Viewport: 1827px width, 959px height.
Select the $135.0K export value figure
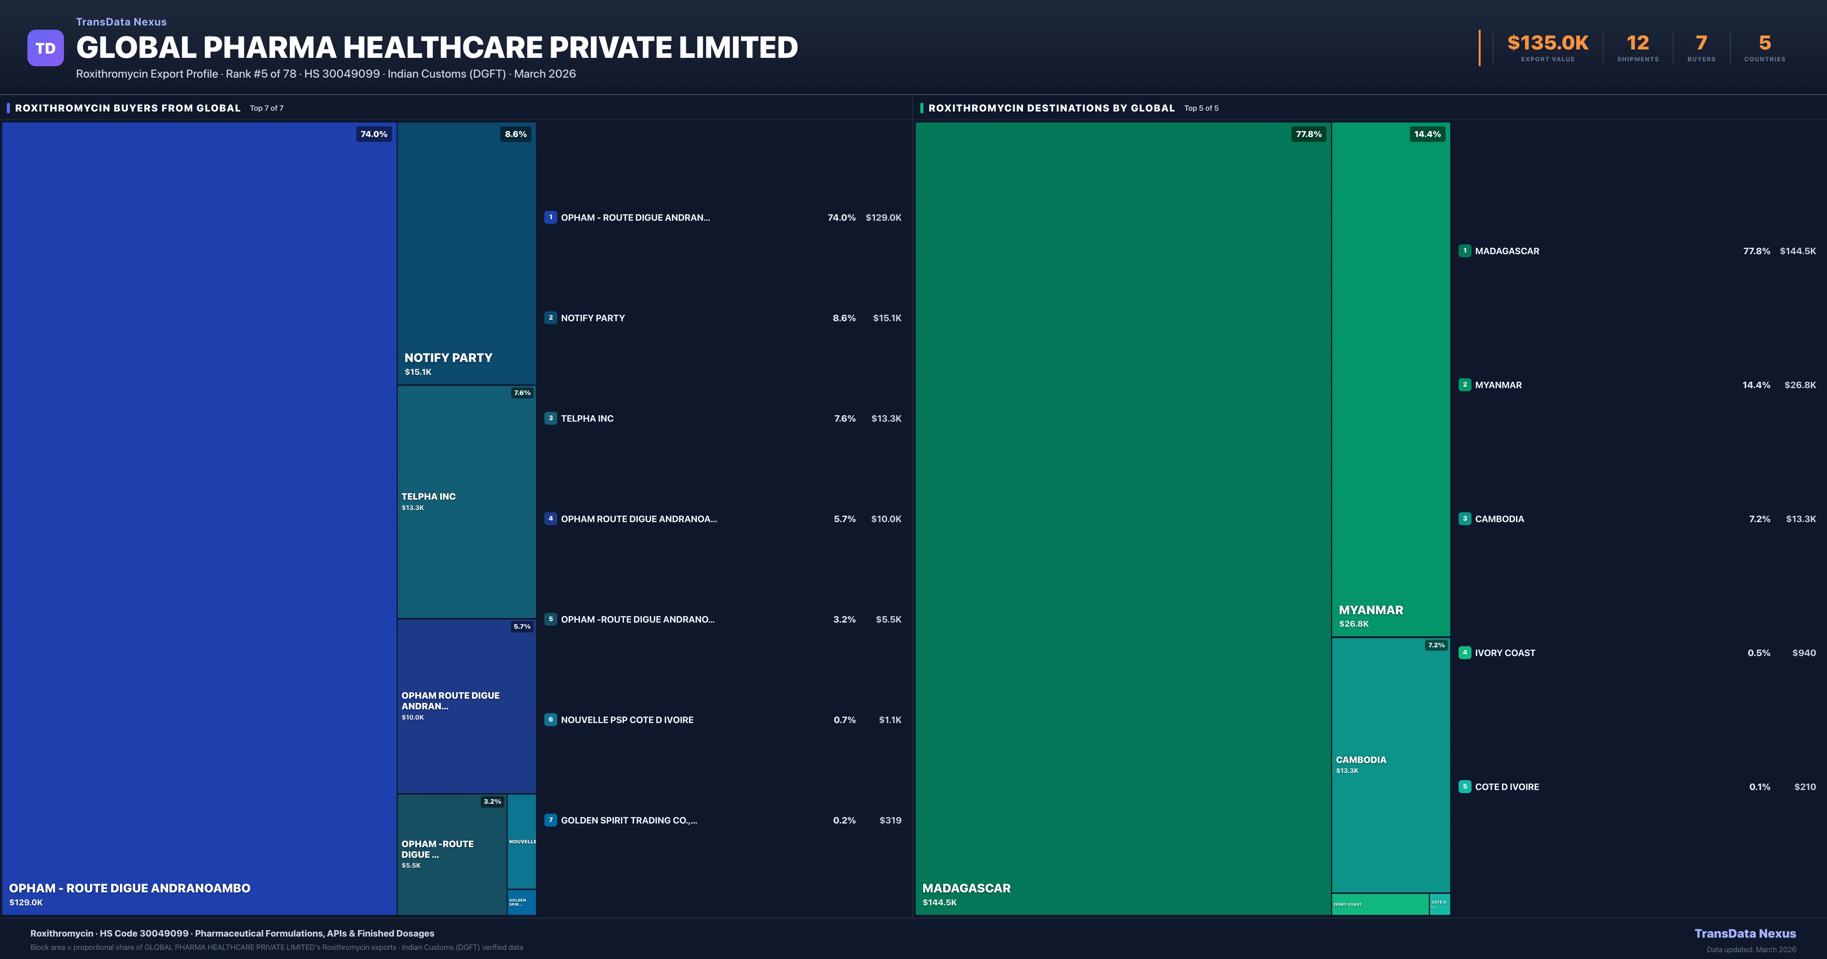click(x=1548, y=43)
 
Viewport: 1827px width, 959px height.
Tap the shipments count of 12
click(x=1637, y=43)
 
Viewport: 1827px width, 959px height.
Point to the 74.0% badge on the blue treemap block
click(x=374, y=134)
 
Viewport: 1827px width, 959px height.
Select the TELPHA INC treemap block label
click(x=428, y=497)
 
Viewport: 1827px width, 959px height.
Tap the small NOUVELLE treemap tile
click(x=522, y=841)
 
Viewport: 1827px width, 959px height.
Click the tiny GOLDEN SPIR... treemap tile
click(x=521, y=902)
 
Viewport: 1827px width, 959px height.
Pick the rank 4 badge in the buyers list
click(x=550, y=519)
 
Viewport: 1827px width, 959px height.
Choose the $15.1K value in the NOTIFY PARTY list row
click(x=886, y=318)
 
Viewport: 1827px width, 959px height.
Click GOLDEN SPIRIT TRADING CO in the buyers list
click(x=628, y=820)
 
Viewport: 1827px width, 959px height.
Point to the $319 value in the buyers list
click(x=890, y=820)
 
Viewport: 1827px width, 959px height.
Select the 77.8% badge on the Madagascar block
click(x=1309, y=134)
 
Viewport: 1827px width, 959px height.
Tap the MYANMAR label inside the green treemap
click(x=1370, y=610)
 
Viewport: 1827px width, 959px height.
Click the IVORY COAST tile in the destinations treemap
click(x=1379, y=904)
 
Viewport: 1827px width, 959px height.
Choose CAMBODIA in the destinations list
click(x=1499, y=519)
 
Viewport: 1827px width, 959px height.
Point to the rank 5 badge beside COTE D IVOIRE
click(x=1465, y=787)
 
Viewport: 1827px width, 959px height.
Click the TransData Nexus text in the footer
click(x=1745, y=934)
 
